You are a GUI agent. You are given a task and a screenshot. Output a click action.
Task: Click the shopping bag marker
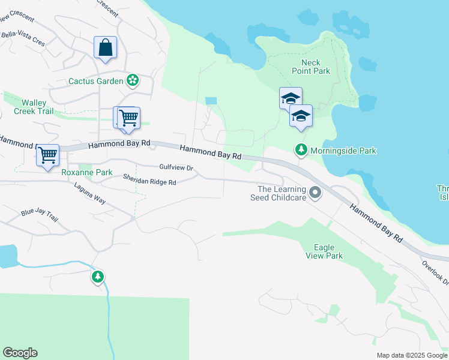(x=105, y=47)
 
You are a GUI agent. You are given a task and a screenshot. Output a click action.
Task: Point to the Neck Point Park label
(x=311, y=67)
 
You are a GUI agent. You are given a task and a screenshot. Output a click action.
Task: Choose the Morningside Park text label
(x=343, y=151)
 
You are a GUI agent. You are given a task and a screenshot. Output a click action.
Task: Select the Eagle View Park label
(x=328, y=251)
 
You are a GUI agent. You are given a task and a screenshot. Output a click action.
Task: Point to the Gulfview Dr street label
(x=176, y=168)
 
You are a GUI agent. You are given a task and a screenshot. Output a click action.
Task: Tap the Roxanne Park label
(x=86, y=173)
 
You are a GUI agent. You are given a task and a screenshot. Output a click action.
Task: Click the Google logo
(x=20, y=353)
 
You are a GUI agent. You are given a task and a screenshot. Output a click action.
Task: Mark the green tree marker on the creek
(x=97, y=277)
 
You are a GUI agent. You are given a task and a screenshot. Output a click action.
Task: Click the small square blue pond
(x=211, y=101)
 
